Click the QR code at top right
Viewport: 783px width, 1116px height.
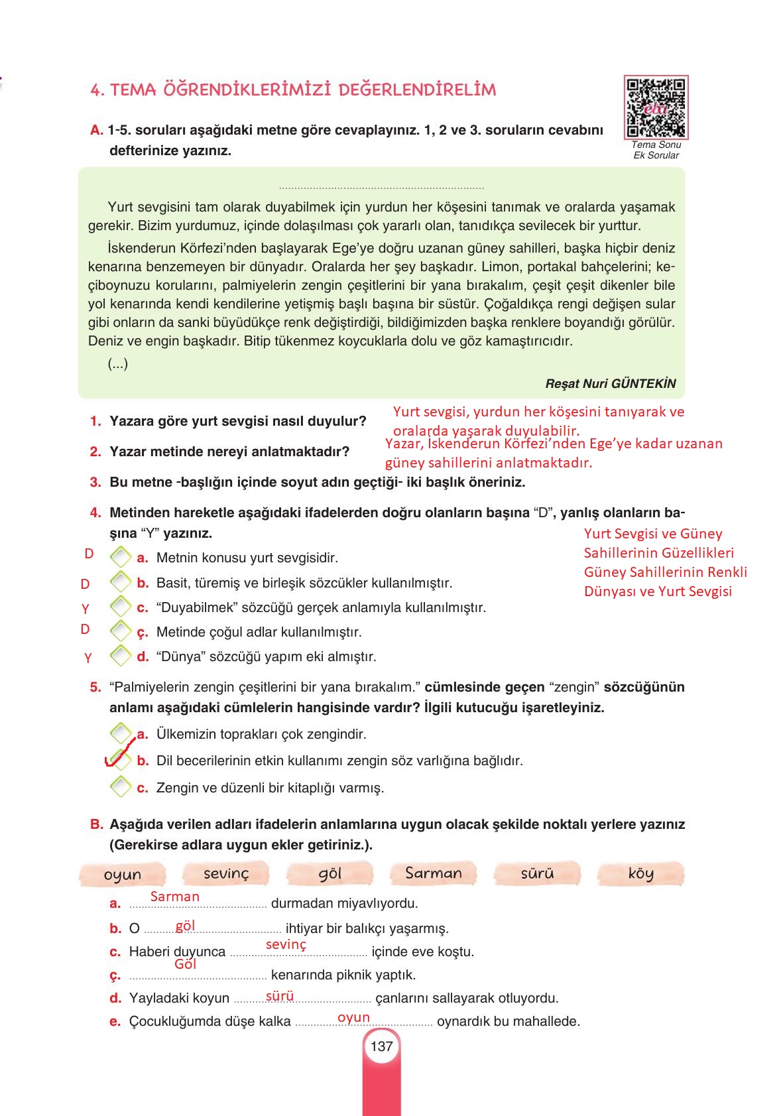[x=655, y=106]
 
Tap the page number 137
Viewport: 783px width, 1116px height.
[x=382, y=1046]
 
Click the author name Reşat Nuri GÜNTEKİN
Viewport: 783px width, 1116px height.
[x=610, y=383]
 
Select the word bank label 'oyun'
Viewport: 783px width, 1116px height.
[x=123, y=875]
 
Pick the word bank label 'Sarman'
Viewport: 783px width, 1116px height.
[x=434, y=873]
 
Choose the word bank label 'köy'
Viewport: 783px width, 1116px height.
[x=640, y=873]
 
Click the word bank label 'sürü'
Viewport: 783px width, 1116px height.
[x=537, y=873]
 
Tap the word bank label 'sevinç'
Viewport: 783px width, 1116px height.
[x=226, y=873]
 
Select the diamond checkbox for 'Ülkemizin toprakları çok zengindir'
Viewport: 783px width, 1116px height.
[x=121, y=733]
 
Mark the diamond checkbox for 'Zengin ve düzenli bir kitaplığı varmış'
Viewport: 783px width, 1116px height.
[x=121, y=787]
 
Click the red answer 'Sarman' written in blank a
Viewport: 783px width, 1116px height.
[x=174, y=897]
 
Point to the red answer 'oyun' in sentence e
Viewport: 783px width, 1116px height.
[x=353, y=1017]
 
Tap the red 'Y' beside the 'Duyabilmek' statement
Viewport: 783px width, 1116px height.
[x=85, y=609]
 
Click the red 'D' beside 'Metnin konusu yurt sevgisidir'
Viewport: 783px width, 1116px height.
[x=89, y=554]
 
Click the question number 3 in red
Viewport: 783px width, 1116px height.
[x=95, y=482]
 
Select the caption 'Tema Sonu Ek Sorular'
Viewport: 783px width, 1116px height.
[x=656, y=150]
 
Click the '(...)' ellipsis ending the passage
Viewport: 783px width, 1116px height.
[x=118, y=363]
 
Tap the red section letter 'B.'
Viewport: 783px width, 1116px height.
[x=97, y=824]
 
